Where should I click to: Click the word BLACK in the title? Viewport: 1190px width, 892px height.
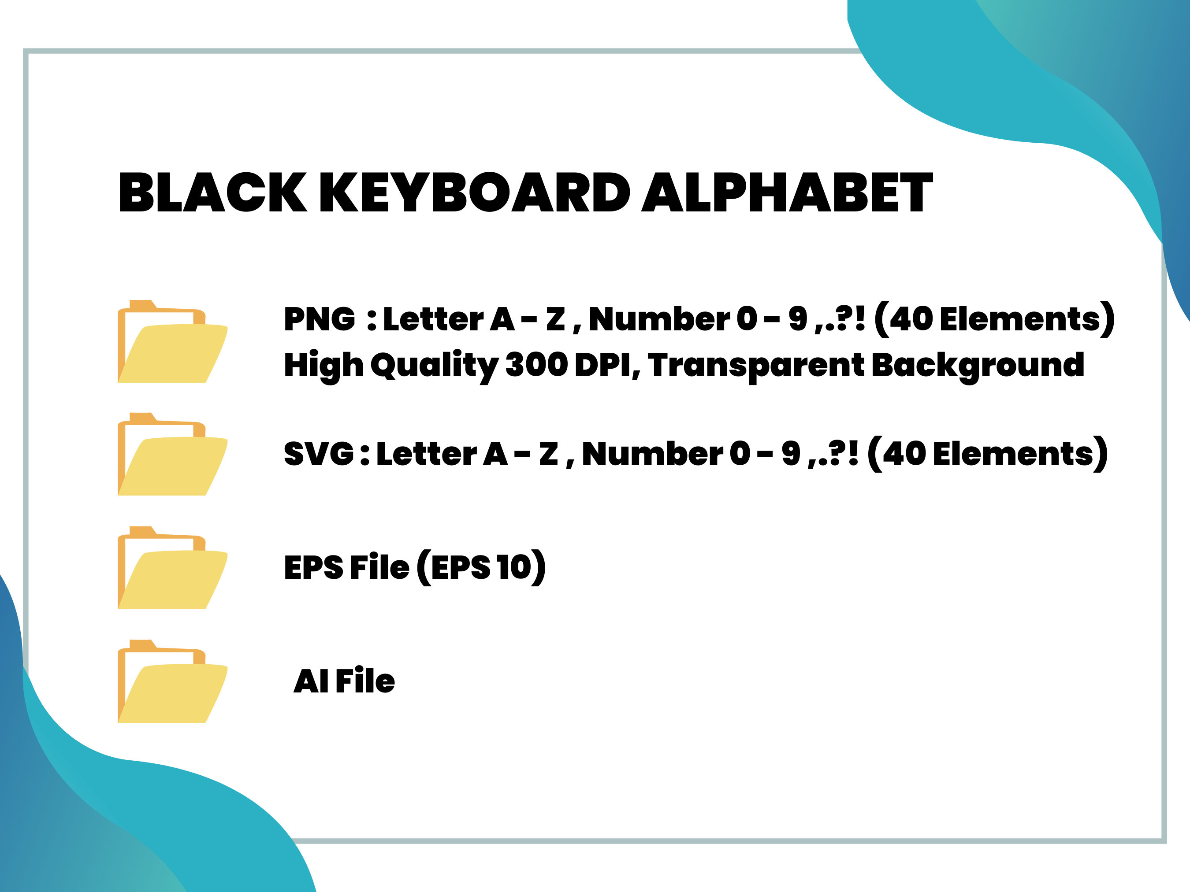[x=212, y=192]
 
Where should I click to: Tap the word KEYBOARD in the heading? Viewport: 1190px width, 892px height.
[x=475, y=192]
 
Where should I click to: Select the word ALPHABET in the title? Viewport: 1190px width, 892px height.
[x=787, y=192]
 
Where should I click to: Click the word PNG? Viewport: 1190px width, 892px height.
[x=320, y=319]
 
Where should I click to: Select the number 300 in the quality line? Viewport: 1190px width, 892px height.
[x=536, y=365]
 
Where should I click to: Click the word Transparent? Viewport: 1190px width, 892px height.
[x=756, y=366]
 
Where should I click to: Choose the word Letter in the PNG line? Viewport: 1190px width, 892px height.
[x=433, y=319]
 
